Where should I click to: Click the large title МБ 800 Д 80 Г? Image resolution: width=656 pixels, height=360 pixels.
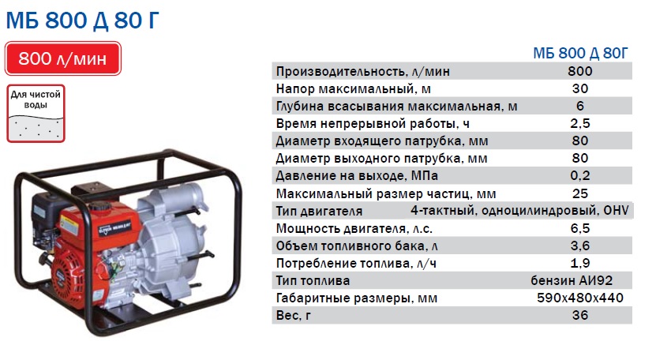click(82, 20)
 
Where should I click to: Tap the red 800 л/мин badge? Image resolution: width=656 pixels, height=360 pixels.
click(62, 58)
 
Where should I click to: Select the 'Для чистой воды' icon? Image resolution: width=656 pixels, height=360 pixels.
click(36, 114)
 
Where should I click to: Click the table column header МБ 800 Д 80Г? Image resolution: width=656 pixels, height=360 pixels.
click(580, 53)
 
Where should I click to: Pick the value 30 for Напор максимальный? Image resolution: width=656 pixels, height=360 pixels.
click(580, 88)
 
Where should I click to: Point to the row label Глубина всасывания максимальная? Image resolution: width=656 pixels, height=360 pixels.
click(396, 107)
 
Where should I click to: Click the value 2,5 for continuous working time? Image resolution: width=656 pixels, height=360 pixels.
click(580, 123)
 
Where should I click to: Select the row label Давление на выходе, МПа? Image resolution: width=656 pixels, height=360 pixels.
click(357, 176)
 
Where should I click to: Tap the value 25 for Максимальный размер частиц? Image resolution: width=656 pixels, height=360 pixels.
click(580, 193)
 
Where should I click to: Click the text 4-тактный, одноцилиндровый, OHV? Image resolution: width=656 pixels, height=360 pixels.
click(519, 210)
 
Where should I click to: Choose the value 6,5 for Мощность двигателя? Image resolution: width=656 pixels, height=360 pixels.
click(580, 228)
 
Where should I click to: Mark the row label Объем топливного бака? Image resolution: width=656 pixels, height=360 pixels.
click(357, 246)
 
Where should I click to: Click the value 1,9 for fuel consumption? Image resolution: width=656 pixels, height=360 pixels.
click(580, 263)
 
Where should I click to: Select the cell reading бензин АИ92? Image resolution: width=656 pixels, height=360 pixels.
click(572, 280)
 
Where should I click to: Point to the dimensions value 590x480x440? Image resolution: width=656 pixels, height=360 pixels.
click(580, 298)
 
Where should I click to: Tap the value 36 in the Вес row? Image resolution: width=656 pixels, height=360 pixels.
click(580, 315)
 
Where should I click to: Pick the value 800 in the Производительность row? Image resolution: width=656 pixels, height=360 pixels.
click(580, 71)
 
